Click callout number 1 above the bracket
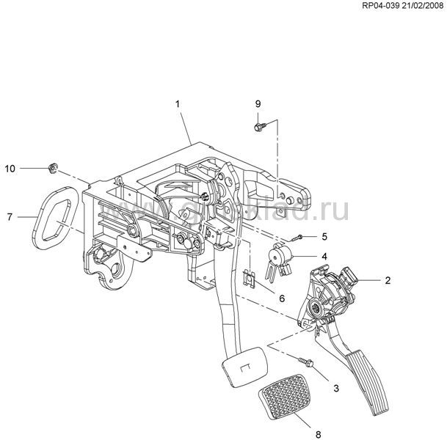[178, 105]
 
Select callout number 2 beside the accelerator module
[388, 280]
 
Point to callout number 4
[323, 257]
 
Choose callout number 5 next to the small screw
[324, 236]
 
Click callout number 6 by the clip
[280, 297]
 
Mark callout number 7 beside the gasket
[10, 216]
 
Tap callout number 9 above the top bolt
[258, 102]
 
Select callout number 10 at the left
[10, 169]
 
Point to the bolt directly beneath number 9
[259, 127]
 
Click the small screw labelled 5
[297, 237]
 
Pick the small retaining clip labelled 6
[250, 279]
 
